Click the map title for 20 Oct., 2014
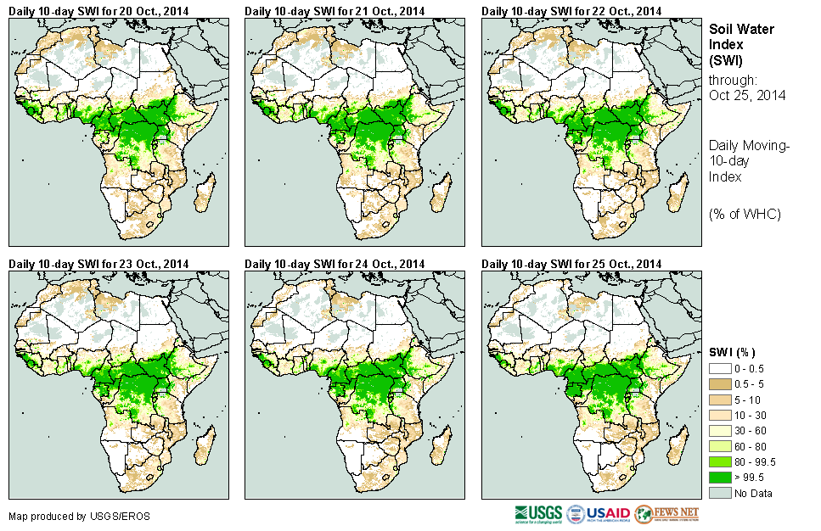[99, 11]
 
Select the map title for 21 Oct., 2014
[335, 11]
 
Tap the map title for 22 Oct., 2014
[571, 11]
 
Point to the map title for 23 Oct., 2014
[99, 264]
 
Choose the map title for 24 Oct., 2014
[335, 264]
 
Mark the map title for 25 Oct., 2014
[571, 264]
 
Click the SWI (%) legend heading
[732, 352]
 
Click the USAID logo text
[608, 514]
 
